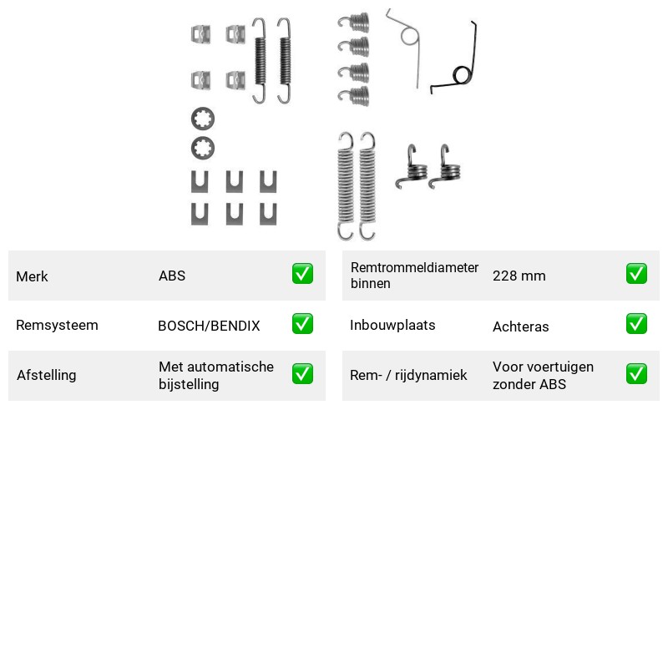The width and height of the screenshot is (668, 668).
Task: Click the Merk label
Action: click(x=32, y=276)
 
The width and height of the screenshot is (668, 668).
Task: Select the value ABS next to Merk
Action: click(x=172, y=276)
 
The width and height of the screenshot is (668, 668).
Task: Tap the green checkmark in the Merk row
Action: click(x=302, y=274)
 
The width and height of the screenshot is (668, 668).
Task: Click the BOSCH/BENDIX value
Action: click(x=209, y=326)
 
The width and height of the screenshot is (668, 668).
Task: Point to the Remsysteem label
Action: click(x=57, y=325)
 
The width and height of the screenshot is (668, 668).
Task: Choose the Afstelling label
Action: click(x=47, y=375)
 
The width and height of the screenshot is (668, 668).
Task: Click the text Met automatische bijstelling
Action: click(x=216, y=375)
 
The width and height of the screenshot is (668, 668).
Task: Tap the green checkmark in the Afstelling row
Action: click(x=302, y=373)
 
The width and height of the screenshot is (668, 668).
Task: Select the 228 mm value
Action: click(x=519, y=276)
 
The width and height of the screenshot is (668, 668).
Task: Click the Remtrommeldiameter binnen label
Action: click(x=414, y=276)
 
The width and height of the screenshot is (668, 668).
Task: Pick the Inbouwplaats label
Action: click(x=392, y=325)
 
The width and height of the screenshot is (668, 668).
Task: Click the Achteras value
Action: click(x=520, y=326)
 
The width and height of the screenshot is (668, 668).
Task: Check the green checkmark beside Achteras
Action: click(x=636, y=324)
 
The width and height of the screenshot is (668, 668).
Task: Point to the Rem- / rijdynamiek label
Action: click(x=408, y=375)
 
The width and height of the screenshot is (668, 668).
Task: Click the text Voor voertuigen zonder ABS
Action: click(x=543, y=375)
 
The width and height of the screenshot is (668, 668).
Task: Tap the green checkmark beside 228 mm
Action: click(x=636, y=274)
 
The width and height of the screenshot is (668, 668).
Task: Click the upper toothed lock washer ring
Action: click(x=203, y=110)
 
